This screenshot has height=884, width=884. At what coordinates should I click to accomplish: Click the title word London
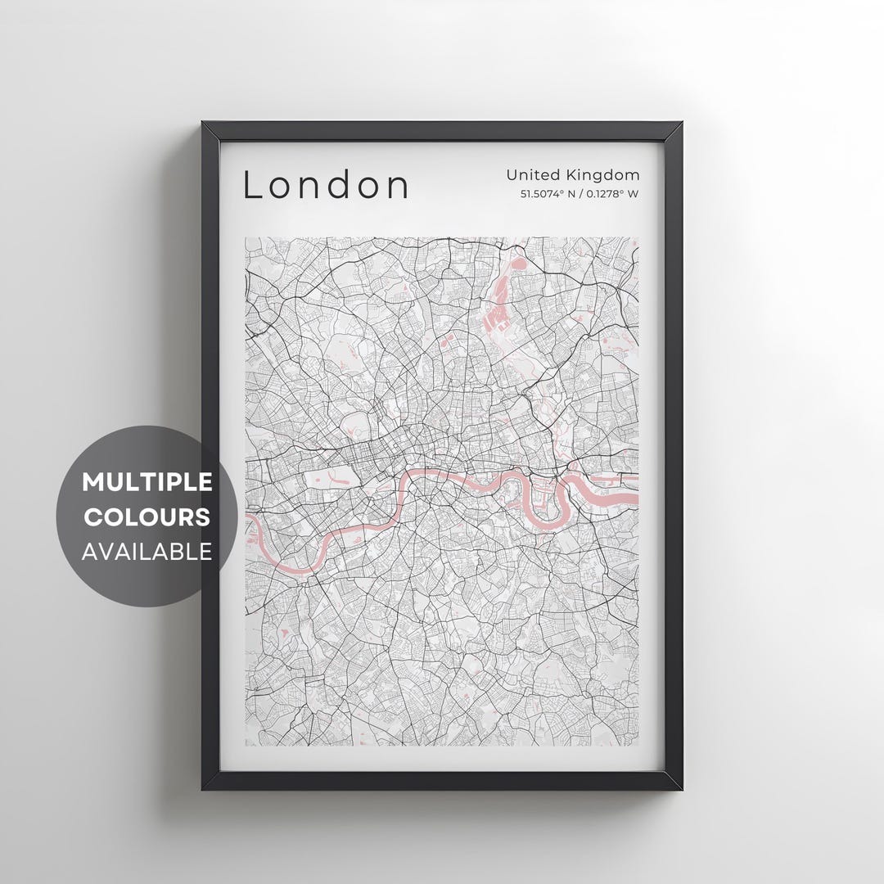(326, 185)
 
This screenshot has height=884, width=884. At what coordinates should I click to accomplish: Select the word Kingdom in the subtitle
(605, 174)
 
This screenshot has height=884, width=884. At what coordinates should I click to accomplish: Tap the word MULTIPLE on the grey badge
(147, 482)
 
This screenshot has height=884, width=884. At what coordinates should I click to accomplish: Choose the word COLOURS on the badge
(147, 517)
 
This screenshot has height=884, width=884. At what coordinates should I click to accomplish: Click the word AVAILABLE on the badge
(147, 552)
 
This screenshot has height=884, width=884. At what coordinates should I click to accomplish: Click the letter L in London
(252, 185)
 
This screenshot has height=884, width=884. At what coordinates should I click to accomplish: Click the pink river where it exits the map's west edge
(249, 524)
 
